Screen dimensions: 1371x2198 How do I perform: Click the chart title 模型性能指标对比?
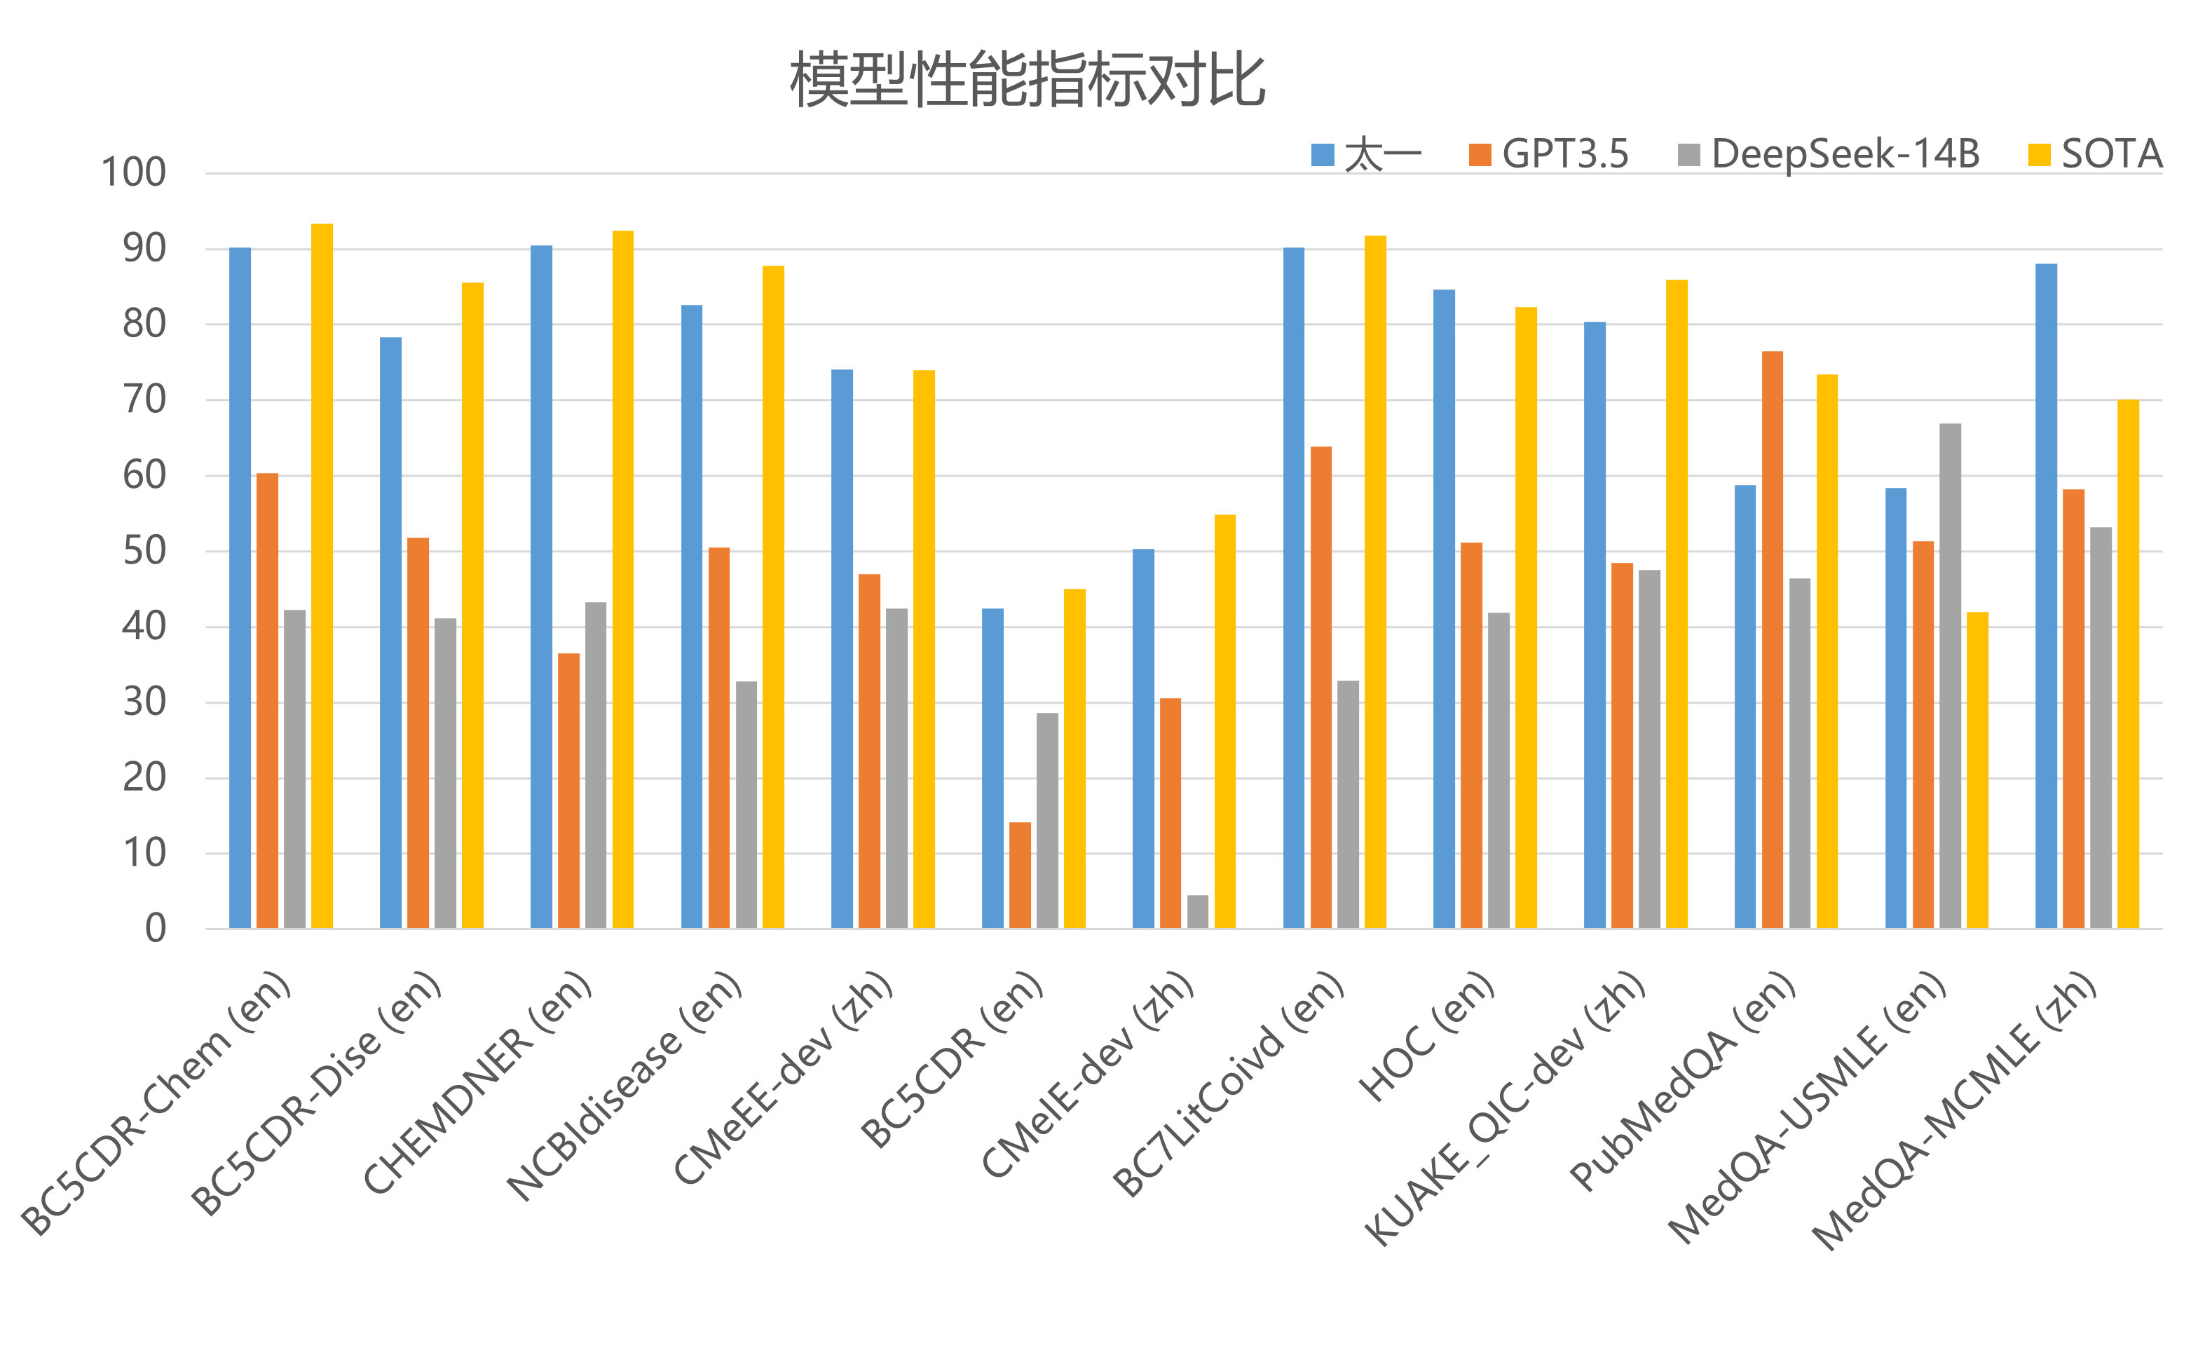tap(1027, 80)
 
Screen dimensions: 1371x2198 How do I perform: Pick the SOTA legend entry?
tap(2095, 154)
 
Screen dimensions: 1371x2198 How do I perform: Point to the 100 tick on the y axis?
tap(133, 172)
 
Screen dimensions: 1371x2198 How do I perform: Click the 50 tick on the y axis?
tap(144, 552)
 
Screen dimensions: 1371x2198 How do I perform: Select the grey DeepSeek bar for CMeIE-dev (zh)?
tap(1198, 912)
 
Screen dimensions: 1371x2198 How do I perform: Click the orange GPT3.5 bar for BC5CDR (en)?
tap(1020, 876)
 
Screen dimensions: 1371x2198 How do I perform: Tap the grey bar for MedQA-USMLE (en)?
tap(1951, 676)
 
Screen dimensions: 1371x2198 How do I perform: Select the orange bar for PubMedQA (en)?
tap(1773, 639)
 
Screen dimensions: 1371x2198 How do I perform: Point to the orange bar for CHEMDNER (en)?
tap(568, 791)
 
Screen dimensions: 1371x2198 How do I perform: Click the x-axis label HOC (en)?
tap(1426, 1037)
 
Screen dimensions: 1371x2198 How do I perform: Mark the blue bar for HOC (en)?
tap(1445, 608)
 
